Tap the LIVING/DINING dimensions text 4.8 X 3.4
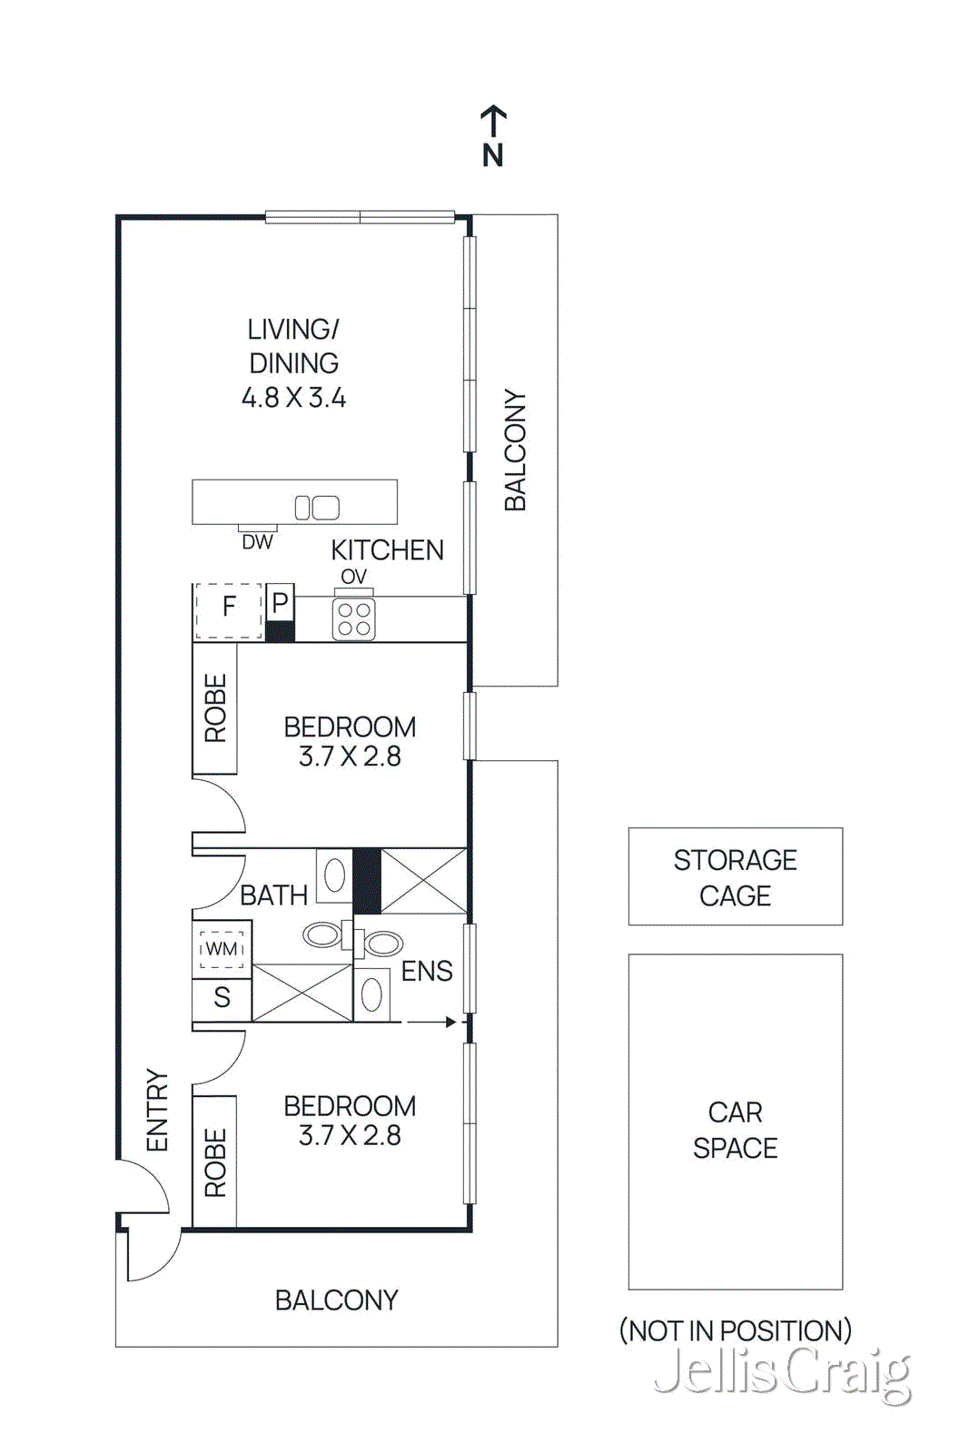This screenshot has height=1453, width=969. point(293,398)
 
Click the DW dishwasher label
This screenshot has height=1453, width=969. point(257,542)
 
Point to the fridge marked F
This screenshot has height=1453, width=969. point(229,606)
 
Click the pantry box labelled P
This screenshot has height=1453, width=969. point(280,602)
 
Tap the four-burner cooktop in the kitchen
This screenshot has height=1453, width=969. point(353,619)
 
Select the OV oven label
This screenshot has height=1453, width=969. point(353,577)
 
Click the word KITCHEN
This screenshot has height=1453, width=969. point(387,550)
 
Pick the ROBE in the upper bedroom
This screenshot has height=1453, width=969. point(215,708)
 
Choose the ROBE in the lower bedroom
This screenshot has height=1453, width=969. point(215,1162)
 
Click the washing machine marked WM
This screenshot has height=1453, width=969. point(222,949)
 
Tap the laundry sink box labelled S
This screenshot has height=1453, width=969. point(222,998)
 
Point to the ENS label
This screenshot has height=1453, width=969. point(427,971)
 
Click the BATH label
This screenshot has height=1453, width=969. point(273,895)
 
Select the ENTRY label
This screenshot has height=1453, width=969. point(158,1110)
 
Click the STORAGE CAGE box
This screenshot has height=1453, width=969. point(735,876)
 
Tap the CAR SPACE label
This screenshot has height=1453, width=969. point(735,1130)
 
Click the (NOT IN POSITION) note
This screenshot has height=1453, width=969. point(735,1330)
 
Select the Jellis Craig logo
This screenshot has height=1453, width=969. point(782,1372)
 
